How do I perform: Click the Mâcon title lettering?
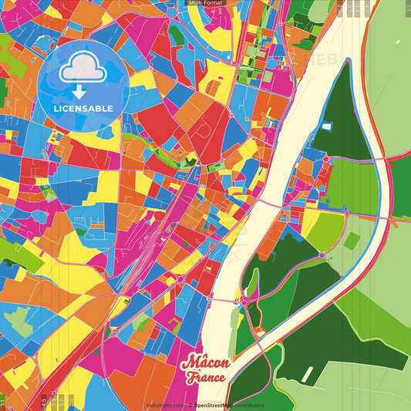(204, 362)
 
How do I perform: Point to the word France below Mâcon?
(204, 378)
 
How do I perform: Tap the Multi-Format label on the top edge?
(205, 3)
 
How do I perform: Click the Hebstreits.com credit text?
(163, 405)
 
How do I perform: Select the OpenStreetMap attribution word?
(215, 405)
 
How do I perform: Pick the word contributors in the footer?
(249, 405)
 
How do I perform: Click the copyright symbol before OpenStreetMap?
(192, 405)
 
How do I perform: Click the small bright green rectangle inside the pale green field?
(351, 241)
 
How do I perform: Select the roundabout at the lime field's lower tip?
(322, 255)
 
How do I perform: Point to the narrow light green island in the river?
(251, 282)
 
